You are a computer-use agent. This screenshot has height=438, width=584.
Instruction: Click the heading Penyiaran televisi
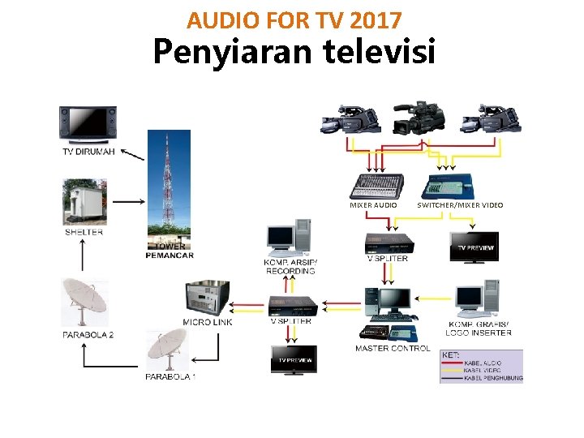point(294,54)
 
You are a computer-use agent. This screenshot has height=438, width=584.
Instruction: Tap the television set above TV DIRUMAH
point(88,123)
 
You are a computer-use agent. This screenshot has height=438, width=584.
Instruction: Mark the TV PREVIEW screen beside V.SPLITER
point(474,247)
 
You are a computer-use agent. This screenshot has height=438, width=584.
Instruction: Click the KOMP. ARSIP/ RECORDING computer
point(289,236)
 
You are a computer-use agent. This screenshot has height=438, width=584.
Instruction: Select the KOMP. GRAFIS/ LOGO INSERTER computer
point(479,300)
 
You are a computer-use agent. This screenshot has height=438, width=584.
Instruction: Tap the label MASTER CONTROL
point(393,349)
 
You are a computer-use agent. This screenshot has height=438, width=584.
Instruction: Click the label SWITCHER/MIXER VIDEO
point(460,205)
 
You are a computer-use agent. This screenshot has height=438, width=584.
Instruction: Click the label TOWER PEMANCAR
point(169,251)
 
